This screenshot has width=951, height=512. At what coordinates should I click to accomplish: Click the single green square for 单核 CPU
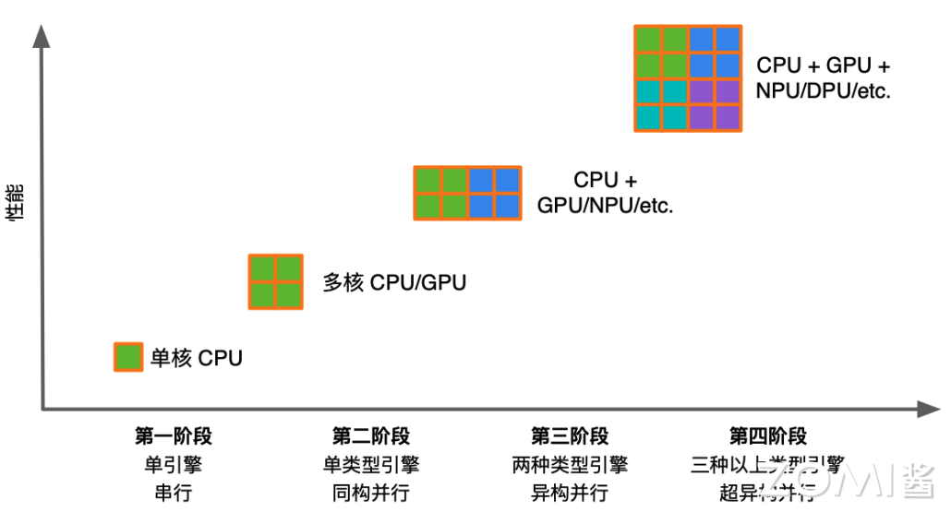coord(128,356)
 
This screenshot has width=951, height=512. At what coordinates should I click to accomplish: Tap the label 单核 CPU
coord(196,358)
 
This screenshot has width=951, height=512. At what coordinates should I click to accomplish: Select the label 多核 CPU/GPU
coord(393,282)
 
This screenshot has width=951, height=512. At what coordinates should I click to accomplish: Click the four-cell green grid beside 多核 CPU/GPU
coord(276,281)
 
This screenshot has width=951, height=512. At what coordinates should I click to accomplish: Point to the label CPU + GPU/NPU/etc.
coord(605,193)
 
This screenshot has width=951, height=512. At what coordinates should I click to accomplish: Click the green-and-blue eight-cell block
coord(467,193)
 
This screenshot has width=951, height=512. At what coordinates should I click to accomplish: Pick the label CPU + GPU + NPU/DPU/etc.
coord(824,78)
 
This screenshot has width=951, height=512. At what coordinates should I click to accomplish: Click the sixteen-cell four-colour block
coord(688,78)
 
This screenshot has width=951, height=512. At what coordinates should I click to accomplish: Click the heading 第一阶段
coord(174,436)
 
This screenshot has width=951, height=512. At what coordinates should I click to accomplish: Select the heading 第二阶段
coord(371,436)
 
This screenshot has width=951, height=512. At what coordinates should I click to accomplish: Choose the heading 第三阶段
coord(570,436)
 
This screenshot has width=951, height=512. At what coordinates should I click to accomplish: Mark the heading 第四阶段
coord(768,436)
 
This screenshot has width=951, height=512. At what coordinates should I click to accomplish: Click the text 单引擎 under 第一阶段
coord(174,464)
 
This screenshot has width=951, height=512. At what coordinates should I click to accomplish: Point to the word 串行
coord(174,492)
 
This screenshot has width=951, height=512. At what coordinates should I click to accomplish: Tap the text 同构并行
coord(371,492)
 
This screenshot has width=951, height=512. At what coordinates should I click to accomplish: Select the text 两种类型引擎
coord(570,464)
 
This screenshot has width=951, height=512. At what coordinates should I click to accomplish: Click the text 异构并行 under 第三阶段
coord(570,492)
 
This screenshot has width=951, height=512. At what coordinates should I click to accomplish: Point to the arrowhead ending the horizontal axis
coord(928,409)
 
